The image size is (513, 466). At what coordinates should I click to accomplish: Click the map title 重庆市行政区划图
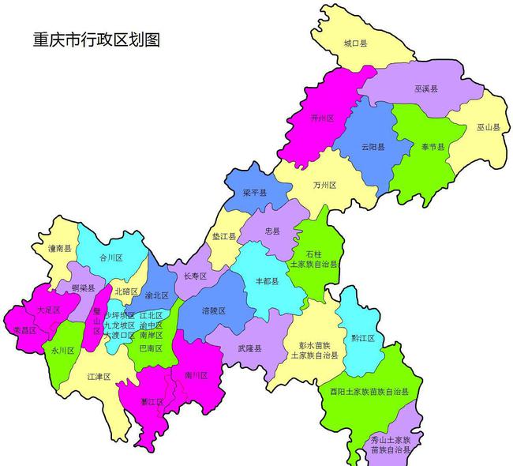point(95,39)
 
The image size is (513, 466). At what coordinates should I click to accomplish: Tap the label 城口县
point(355,44)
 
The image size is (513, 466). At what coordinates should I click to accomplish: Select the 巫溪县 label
point(427,92)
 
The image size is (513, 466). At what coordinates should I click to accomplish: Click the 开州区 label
point(322,118)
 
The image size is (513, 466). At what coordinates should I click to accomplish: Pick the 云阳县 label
point(373,147)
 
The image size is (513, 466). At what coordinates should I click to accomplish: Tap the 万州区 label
point(324,185)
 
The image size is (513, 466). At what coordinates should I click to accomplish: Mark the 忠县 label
point(272,231)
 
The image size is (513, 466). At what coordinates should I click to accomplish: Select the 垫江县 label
point(223,236)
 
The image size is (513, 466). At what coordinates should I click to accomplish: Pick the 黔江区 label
point(364,338)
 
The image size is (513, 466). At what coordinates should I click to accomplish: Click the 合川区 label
point(110,257)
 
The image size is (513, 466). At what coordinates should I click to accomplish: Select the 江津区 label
point(99,377)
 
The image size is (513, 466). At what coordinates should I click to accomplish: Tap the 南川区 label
point(195,374)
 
